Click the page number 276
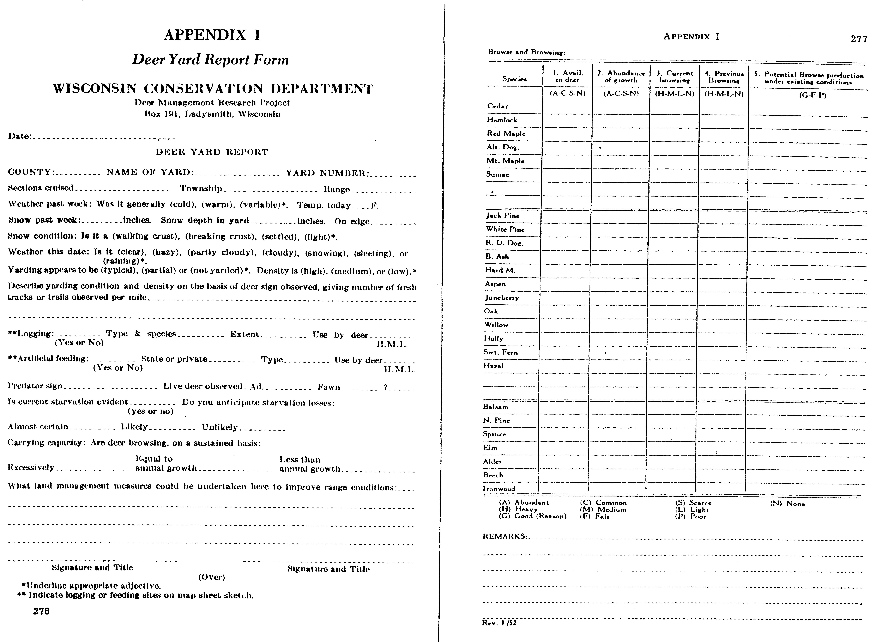[41, 611]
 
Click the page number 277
[859, 39]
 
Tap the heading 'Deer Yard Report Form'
[210, 59]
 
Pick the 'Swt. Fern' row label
[501, 352]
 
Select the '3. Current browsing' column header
[675, 77]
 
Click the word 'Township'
[201, 188]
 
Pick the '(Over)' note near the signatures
[212, 577]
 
